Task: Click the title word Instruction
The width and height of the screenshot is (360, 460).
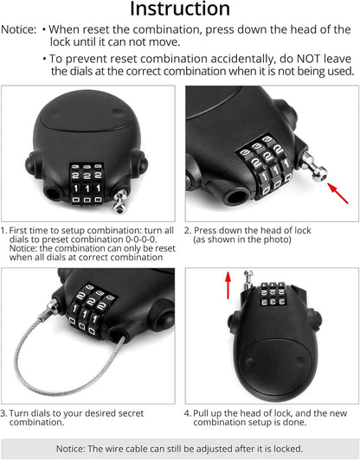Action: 180,10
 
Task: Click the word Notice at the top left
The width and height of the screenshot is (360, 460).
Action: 18,29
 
